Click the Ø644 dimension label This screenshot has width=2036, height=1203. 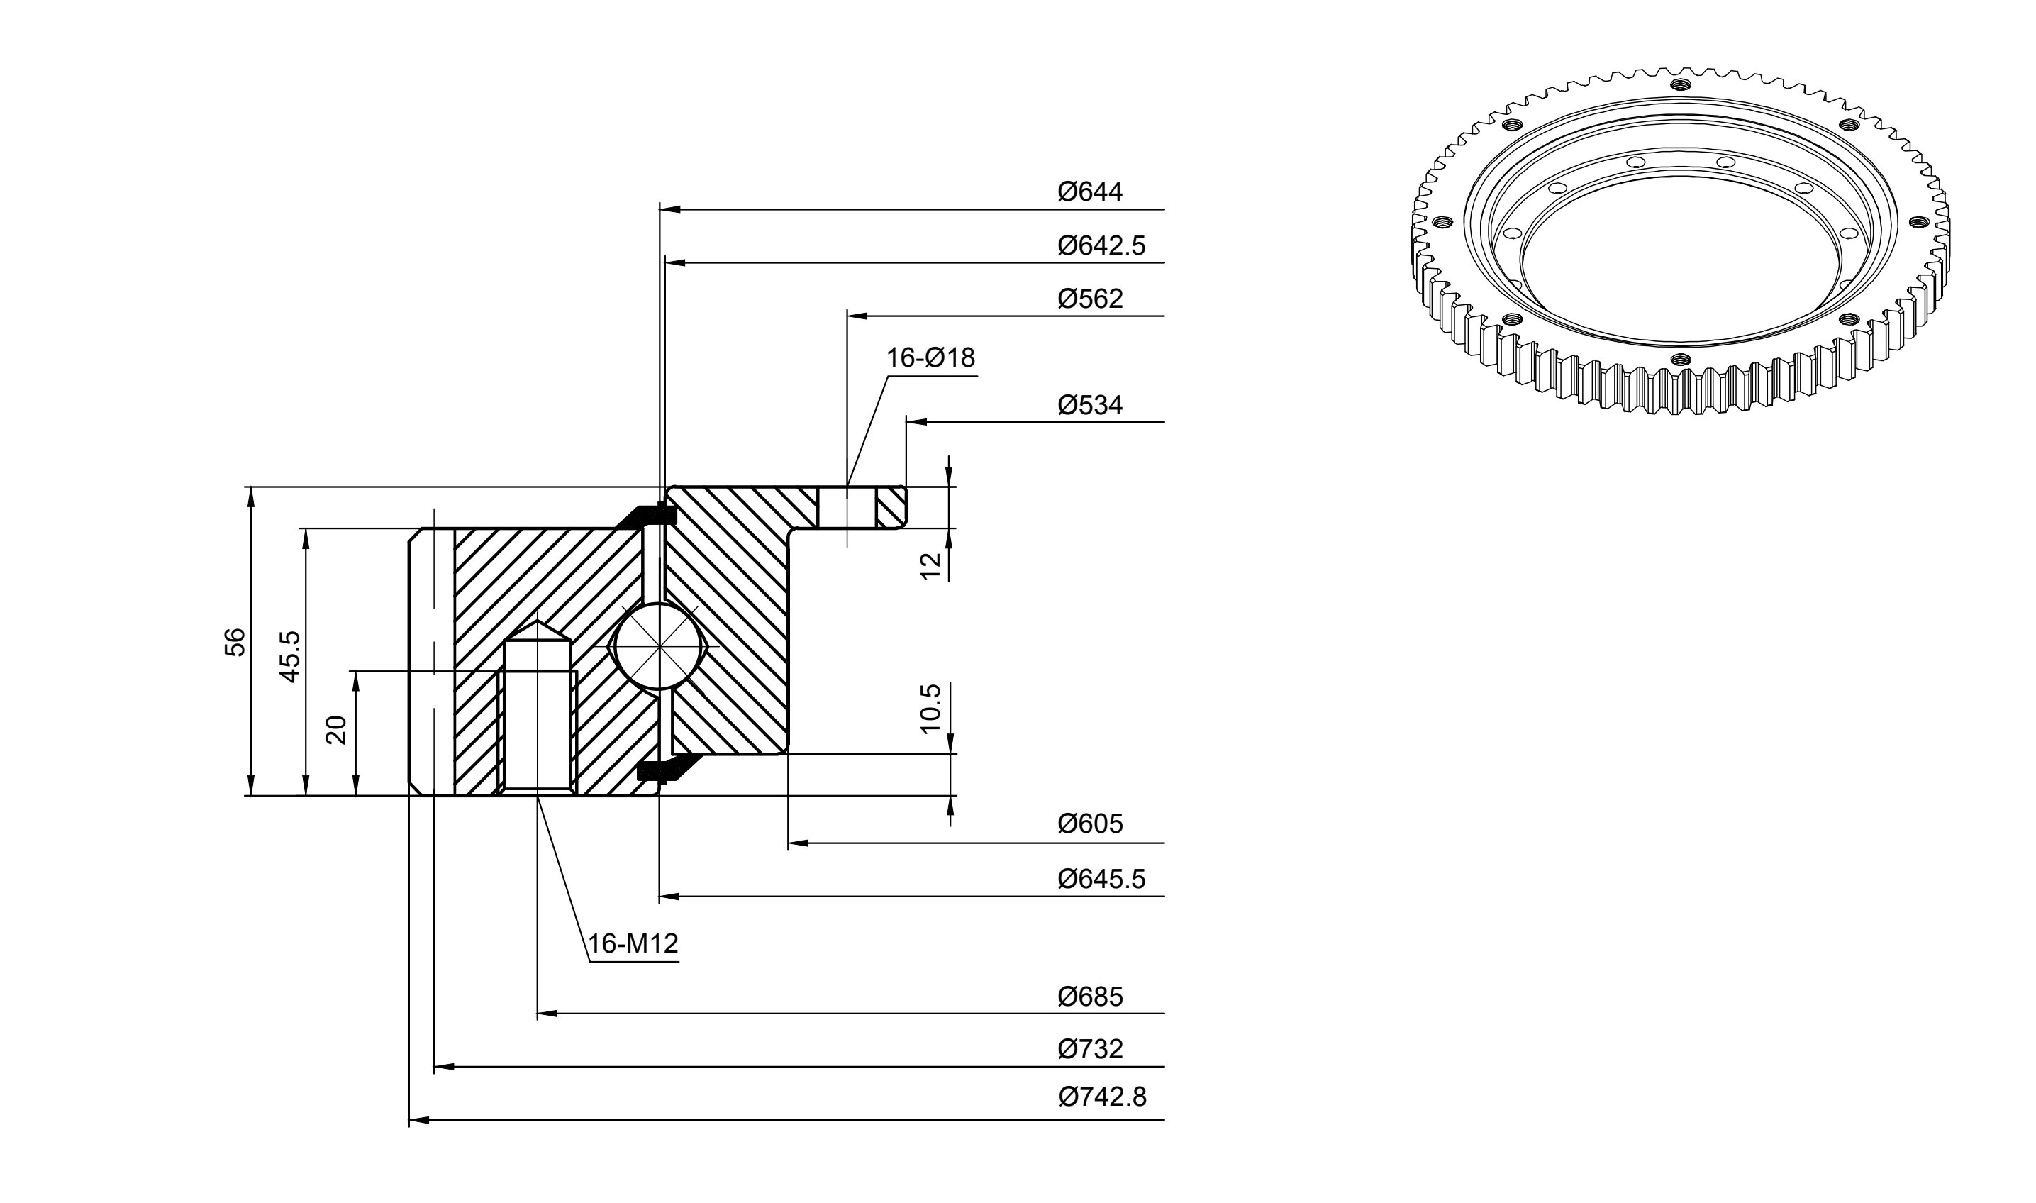click(x=1090, y=192)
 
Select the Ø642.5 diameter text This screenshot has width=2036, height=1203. click(x=1101, y=245)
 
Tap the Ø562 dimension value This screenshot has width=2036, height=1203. click(x=1090, y=299)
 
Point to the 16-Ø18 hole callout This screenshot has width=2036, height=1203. click(x=930, y=357)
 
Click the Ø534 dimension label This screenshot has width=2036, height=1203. click(x=1090, y=405)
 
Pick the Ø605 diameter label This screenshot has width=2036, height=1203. click(x=1090, y=824)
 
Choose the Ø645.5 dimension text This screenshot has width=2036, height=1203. click(x=1101, y=879)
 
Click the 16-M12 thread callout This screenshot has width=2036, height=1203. click(x=633, y=943)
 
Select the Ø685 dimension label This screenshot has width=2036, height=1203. click(x=1090, y=997)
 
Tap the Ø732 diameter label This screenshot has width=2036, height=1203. click(x=1090, y=1049)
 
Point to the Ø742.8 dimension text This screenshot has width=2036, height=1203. click(x=1102, y=1097)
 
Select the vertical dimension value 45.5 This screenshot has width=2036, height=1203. click(x=289, y=657)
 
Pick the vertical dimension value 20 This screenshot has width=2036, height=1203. click(x=335, y=730)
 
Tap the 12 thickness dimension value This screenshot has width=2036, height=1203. click(x=932, y=566)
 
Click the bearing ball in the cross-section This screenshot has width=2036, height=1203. click(x=662, y=647)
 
